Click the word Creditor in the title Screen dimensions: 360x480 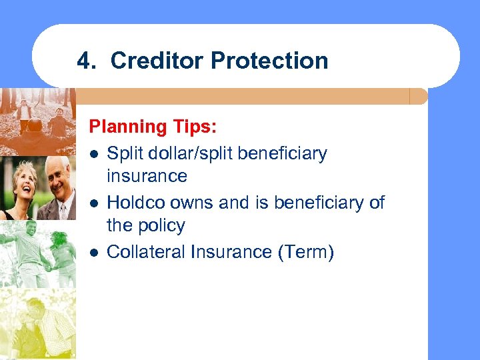click(x=157, y=61)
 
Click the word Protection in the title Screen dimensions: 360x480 click(x=269, y=61)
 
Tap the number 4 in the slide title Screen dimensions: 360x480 click(x=83, y=61)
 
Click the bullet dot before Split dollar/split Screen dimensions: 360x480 click(x=96, y=154)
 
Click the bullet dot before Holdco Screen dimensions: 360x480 click(x=96, y=203)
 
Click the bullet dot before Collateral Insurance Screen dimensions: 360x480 click(x=96, y=252)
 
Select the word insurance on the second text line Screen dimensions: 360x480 click(x=147, y=177)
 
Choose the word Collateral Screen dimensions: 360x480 click(x=145, y=252)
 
